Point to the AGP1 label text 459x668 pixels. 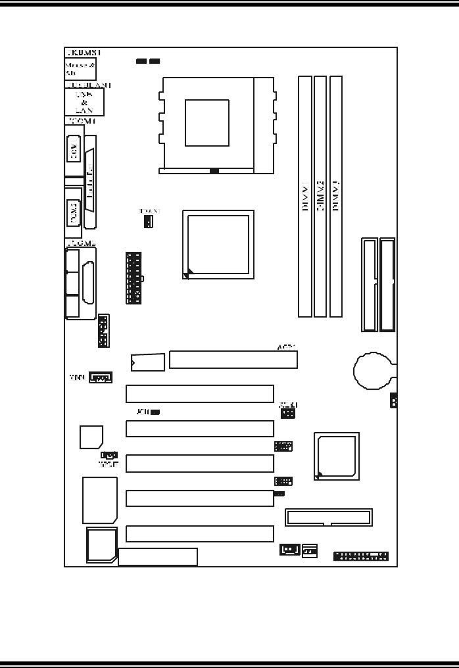click(286, 346)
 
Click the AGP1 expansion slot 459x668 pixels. click(233, 360)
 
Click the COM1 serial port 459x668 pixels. click(73, 151)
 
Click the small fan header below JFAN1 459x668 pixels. click(149, 222)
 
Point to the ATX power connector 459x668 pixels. click(133, 277)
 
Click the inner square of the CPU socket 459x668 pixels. click(206, 122)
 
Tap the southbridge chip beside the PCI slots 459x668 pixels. click(337, 455)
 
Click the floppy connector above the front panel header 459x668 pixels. click(328, 517)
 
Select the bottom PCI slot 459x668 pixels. click(199, 534)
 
